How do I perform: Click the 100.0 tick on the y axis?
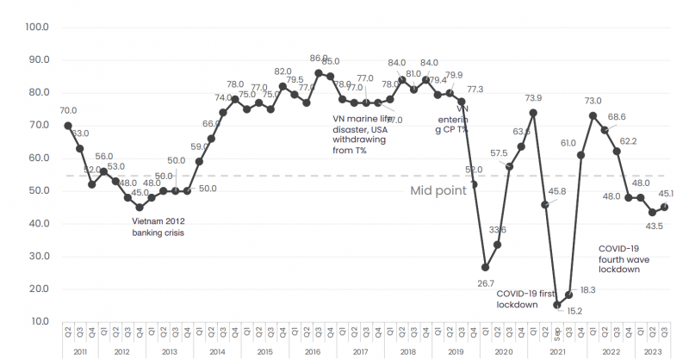[37, 27]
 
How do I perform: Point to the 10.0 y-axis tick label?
[38, 321]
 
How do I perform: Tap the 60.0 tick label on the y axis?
[38, 158]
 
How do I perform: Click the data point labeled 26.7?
[486, 267]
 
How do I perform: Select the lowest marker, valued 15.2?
[557, 305]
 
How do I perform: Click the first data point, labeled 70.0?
[68, 125]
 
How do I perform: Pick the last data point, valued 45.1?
[664, 207]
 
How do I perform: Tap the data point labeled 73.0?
[593, 115]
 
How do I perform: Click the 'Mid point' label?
[438, 190]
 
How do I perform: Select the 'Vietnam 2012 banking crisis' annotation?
[158, 226]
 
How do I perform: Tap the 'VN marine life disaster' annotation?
[363, 134]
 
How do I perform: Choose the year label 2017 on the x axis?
[360, 352]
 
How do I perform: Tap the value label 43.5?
[654, 227]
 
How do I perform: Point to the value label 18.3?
[587, 290]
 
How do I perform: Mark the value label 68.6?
[617, 117]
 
